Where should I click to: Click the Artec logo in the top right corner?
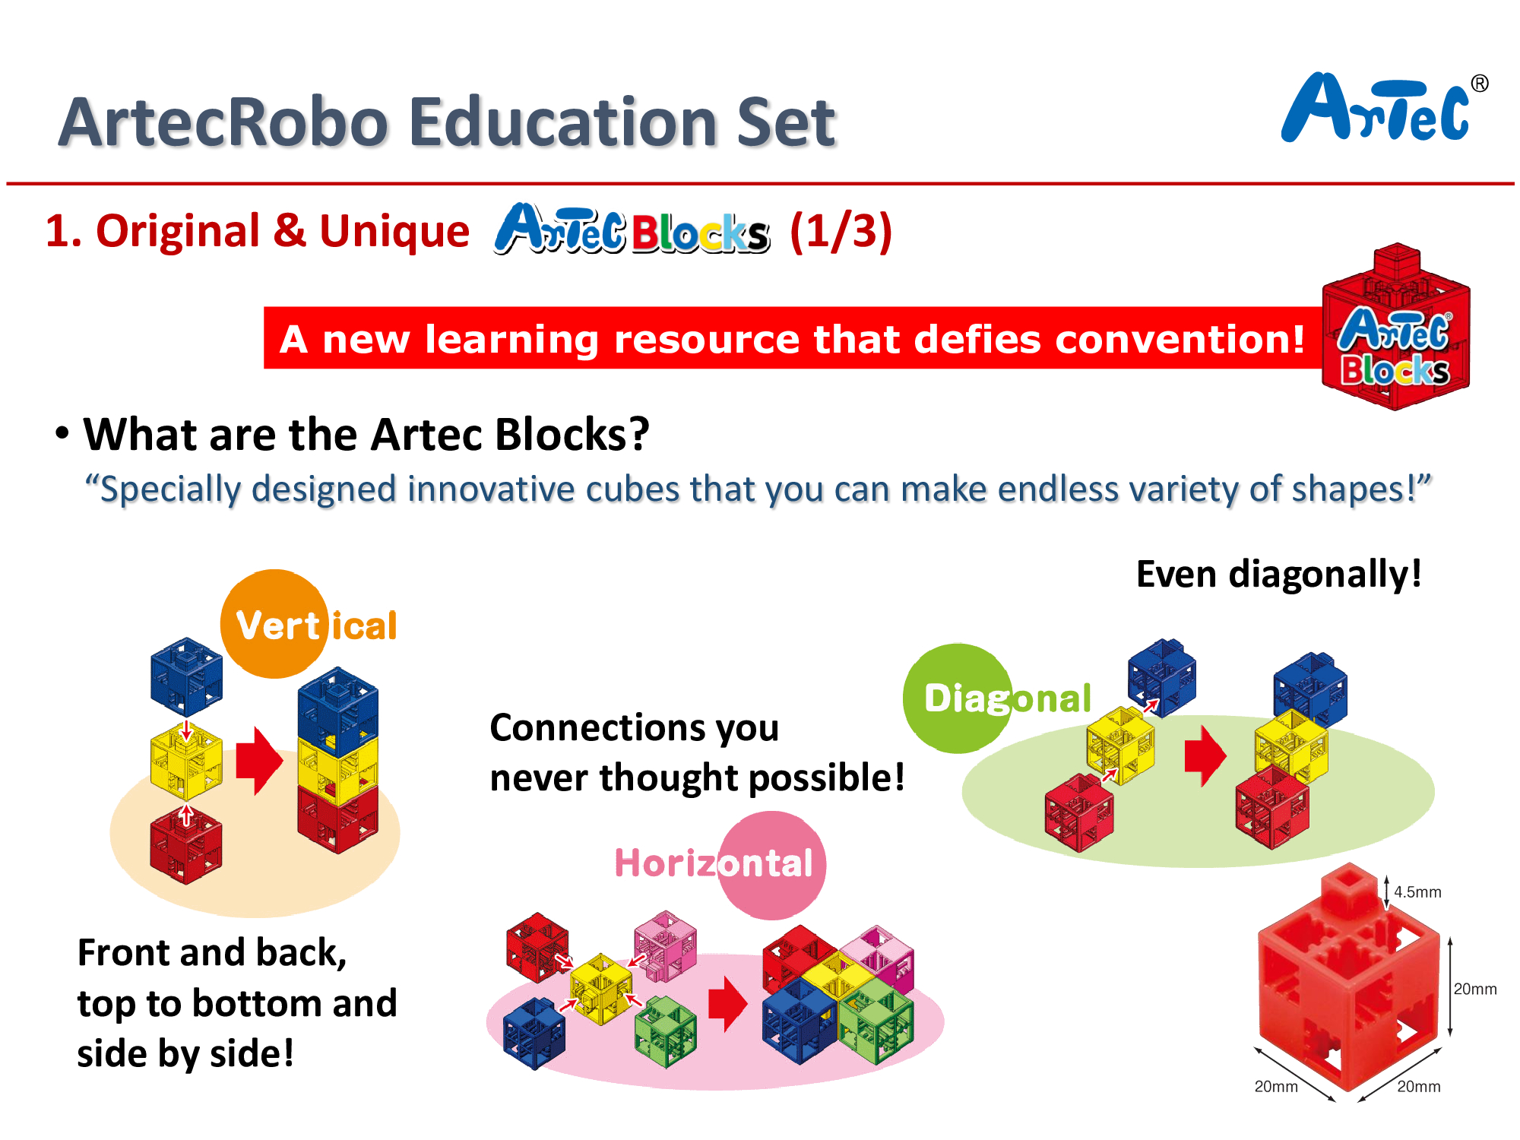(1384, 108)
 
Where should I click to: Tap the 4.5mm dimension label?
(1417, 891)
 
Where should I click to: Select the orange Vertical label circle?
(275, 623)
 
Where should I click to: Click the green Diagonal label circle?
(958, 698)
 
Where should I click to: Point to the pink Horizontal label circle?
(771, 865)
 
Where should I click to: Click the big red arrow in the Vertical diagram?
(259, 761)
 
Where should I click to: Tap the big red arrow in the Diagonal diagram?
(1205, 755)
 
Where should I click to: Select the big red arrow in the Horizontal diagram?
(728, 1004)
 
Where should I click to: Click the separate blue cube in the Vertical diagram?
(186, 676)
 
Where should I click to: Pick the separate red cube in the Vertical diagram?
(186, 844)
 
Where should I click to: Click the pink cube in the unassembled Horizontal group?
(666, 946)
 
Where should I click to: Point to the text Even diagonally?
(1278, 574)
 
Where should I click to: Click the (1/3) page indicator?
(841, 231)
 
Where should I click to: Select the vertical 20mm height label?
(1475, 989)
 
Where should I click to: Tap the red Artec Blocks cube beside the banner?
(1396, 328)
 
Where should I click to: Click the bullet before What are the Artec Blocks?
(62, 433)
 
